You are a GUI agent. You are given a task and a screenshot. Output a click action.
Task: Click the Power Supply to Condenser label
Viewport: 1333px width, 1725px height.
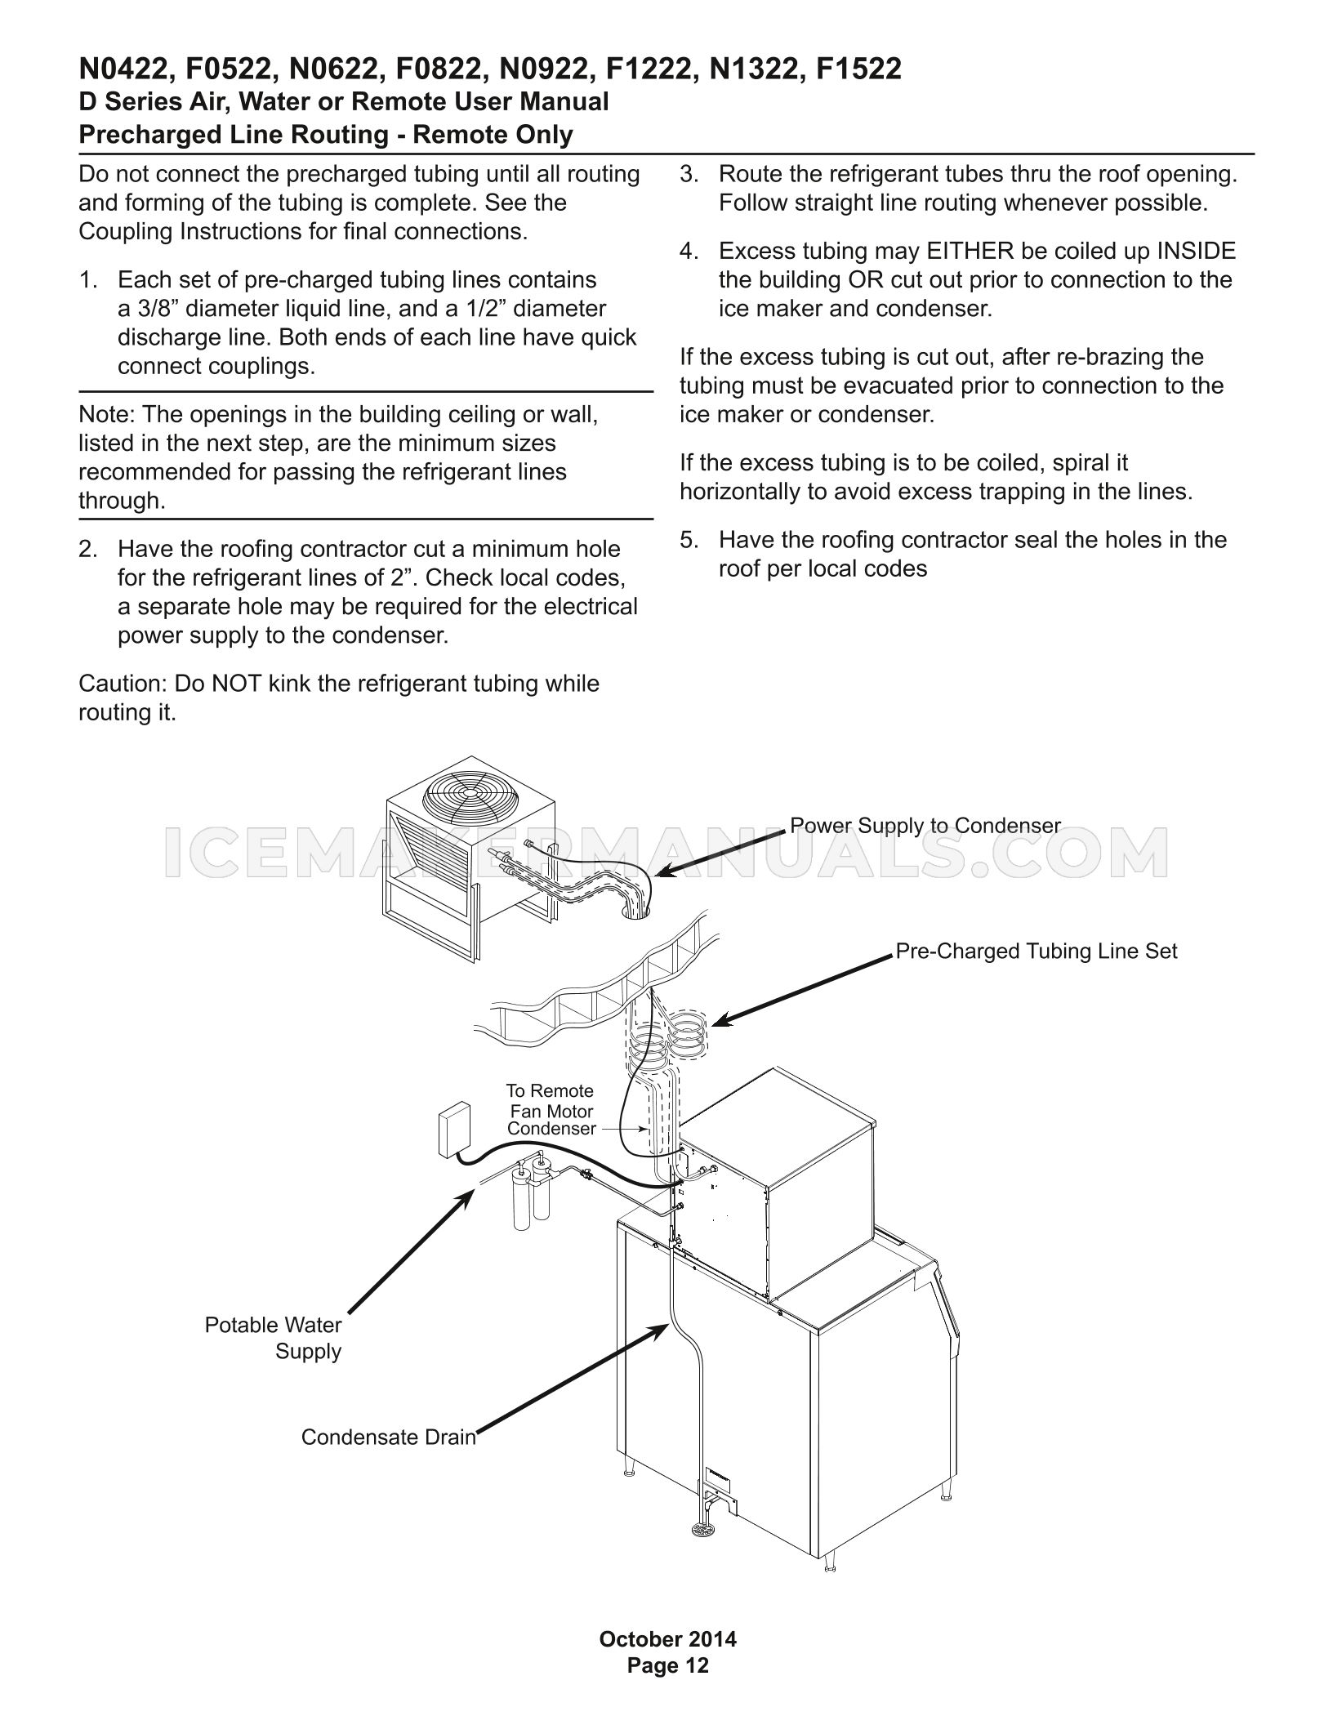[925, 826]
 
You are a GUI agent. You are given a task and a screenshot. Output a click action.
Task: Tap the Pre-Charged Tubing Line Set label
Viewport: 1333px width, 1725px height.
[1037, 952]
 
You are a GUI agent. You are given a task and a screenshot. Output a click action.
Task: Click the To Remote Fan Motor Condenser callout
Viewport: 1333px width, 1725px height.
[551, 1110]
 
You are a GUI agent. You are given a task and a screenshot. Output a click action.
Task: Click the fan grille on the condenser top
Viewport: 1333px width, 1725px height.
[468, 792]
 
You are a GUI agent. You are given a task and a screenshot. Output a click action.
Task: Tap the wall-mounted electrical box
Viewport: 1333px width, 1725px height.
[453, 1130]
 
